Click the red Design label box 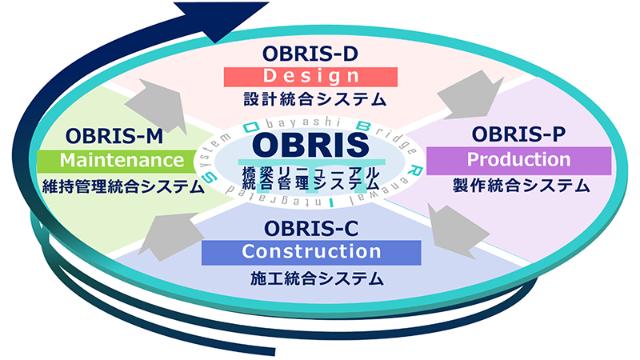point(310,76)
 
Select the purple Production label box point(518,159)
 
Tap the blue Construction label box point(310,251)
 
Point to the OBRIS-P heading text point(519,132)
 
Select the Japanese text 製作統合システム point(519,186)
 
